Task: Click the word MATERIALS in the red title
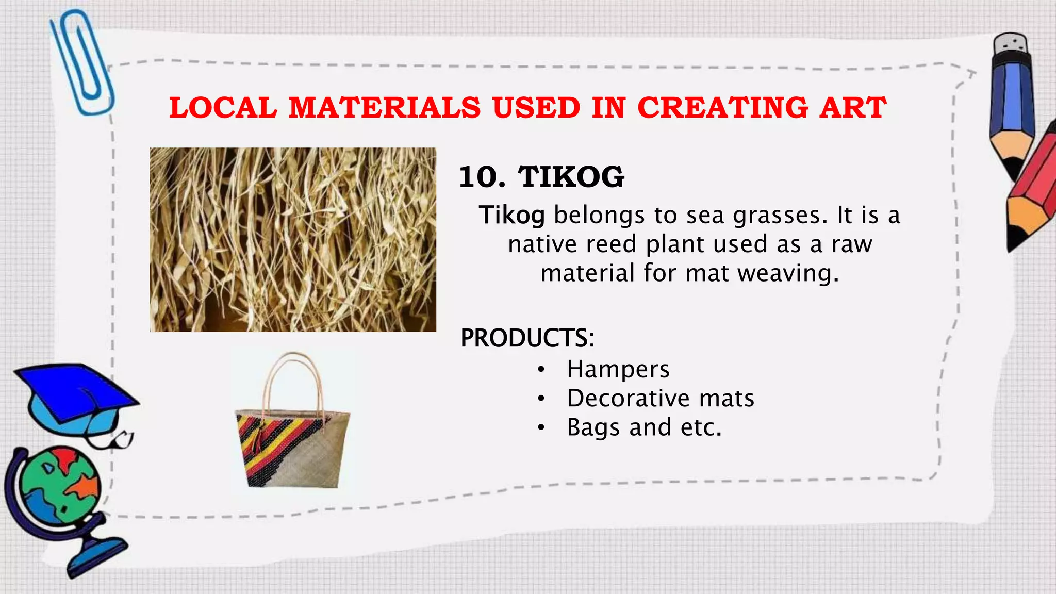click(384, 108)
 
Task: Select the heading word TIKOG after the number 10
click(571, 177)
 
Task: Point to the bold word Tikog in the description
click(511, 215)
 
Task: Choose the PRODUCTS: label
click(527, 338)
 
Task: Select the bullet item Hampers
click(618, 369)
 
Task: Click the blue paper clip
click(82, 62)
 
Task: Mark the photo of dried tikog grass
click(293, 240)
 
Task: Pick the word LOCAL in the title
click(223, 108)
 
